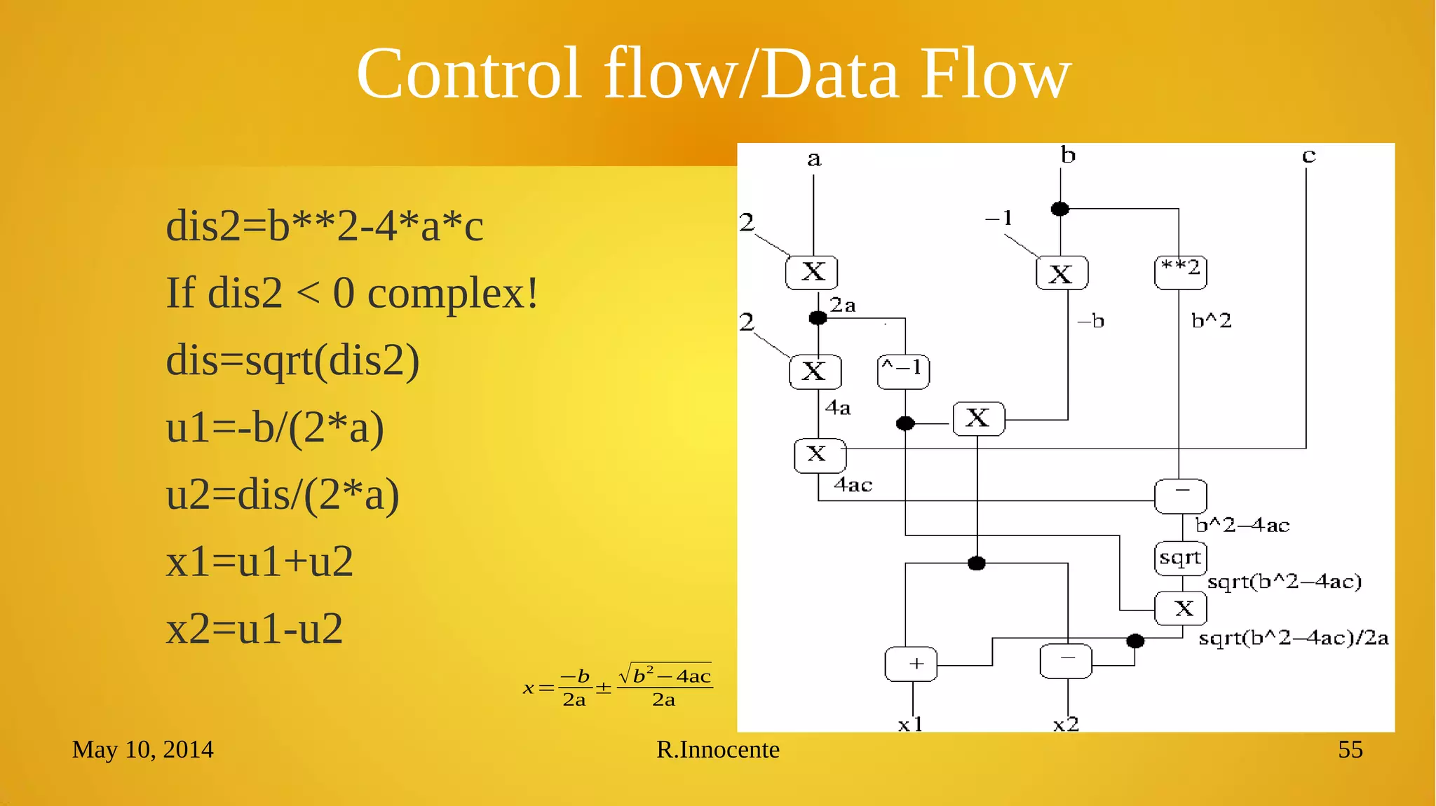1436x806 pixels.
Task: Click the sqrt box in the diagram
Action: click(1180, 558)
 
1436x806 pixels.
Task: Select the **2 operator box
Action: click(1180, 271)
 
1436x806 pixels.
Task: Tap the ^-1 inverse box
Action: click(903, 371)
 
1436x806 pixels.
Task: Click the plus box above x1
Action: click(911, 663)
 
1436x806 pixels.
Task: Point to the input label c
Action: click(1308, 156)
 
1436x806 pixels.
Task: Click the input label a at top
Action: click(813, 159)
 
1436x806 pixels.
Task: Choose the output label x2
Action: click(1066, 724)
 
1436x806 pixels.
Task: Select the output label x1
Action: click(910, 724)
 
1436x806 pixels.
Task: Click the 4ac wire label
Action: click(853, 484)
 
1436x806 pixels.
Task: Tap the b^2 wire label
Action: click(1211, 321)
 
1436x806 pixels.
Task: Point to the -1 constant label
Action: click(999, 218)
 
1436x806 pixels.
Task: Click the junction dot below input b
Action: click(1060, 209)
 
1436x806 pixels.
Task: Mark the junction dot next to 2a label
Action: click(818, 318)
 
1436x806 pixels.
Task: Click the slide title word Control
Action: click(468, 74)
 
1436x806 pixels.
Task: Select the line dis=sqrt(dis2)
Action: click(292, 360)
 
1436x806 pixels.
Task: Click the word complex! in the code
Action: click(453, 293)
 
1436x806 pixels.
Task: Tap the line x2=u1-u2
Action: click(254, 629)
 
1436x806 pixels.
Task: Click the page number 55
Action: click(1350, 750)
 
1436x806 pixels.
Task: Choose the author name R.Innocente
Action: click(717, 750)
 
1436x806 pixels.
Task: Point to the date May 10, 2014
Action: click(142, 750)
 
